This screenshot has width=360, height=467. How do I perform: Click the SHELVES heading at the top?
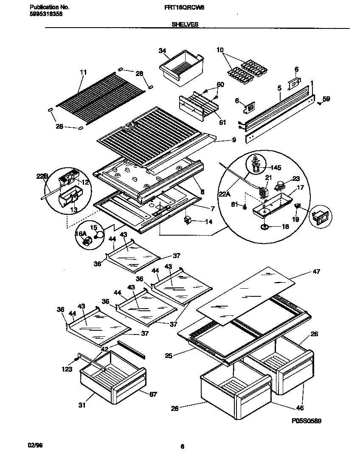(x=185, y=25)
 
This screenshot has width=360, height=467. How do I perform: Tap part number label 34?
(x=162, y=51)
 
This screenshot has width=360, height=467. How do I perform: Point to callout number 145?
(x=276, y=168)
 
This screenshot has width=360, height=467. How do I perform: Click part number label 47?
(x=316, y=271)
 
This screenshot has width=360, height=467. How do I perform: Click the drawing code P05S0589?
(x=306, y=421)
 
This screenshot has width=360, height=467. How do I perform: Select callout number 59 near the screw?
(x=326, y=99)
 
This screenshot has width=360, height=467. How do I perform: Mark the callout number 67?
(x=153, y=394)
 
